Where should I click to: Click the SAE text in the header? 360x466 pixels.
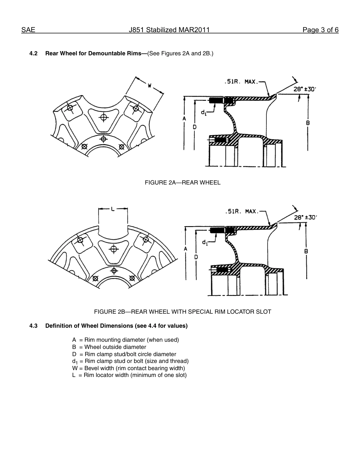[x=28, y=30]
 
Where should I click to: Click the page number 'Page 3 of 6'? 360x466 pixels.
[x=320, y=30]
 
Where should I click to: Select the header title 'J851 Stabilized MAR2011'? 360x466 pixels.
[x=169, y=30]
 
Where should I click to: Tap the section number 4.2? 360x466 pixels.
[x=33, y=53]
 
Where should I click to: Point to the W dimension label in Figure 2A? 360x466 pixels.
[x=150, y=86]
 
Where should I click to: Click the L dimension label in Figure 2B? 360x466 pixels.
[x=113, y=209]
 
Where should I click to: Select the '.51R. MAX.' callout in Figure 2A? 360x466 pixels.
[x=241, y=81]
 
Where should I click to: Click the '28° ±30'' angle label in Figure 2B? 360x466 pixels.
[x=305, y=217]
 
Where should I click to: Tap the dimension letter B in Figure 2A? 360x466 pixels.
[x=308, y=123]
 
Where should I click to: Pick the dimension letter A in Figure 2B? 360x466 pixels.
[x=186, y=249]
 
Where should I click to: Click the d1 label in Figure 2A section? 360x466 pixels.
[x=203, y=113]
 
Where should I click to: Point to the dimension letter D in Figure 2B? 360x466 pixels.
[x=196, y=256]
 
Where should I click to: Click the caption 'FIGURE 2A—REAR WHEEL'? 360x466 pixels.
[x=183, y=183]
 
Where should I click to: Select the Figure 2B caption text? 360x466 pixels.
[x=183, y=312]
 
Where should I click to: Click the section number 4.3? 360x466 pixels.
[x=33, y=326]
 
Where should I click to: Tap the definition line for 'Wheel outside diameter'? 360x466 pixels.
[x=109, y=347]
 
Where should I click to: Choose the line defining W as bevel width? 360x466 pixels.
[x=128, y=368]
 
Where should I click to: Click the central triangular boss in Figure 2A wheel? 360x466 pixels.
[x=103, y=117]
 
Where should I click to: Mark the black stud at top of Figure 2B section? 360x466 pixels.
[x=217, y=230]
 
